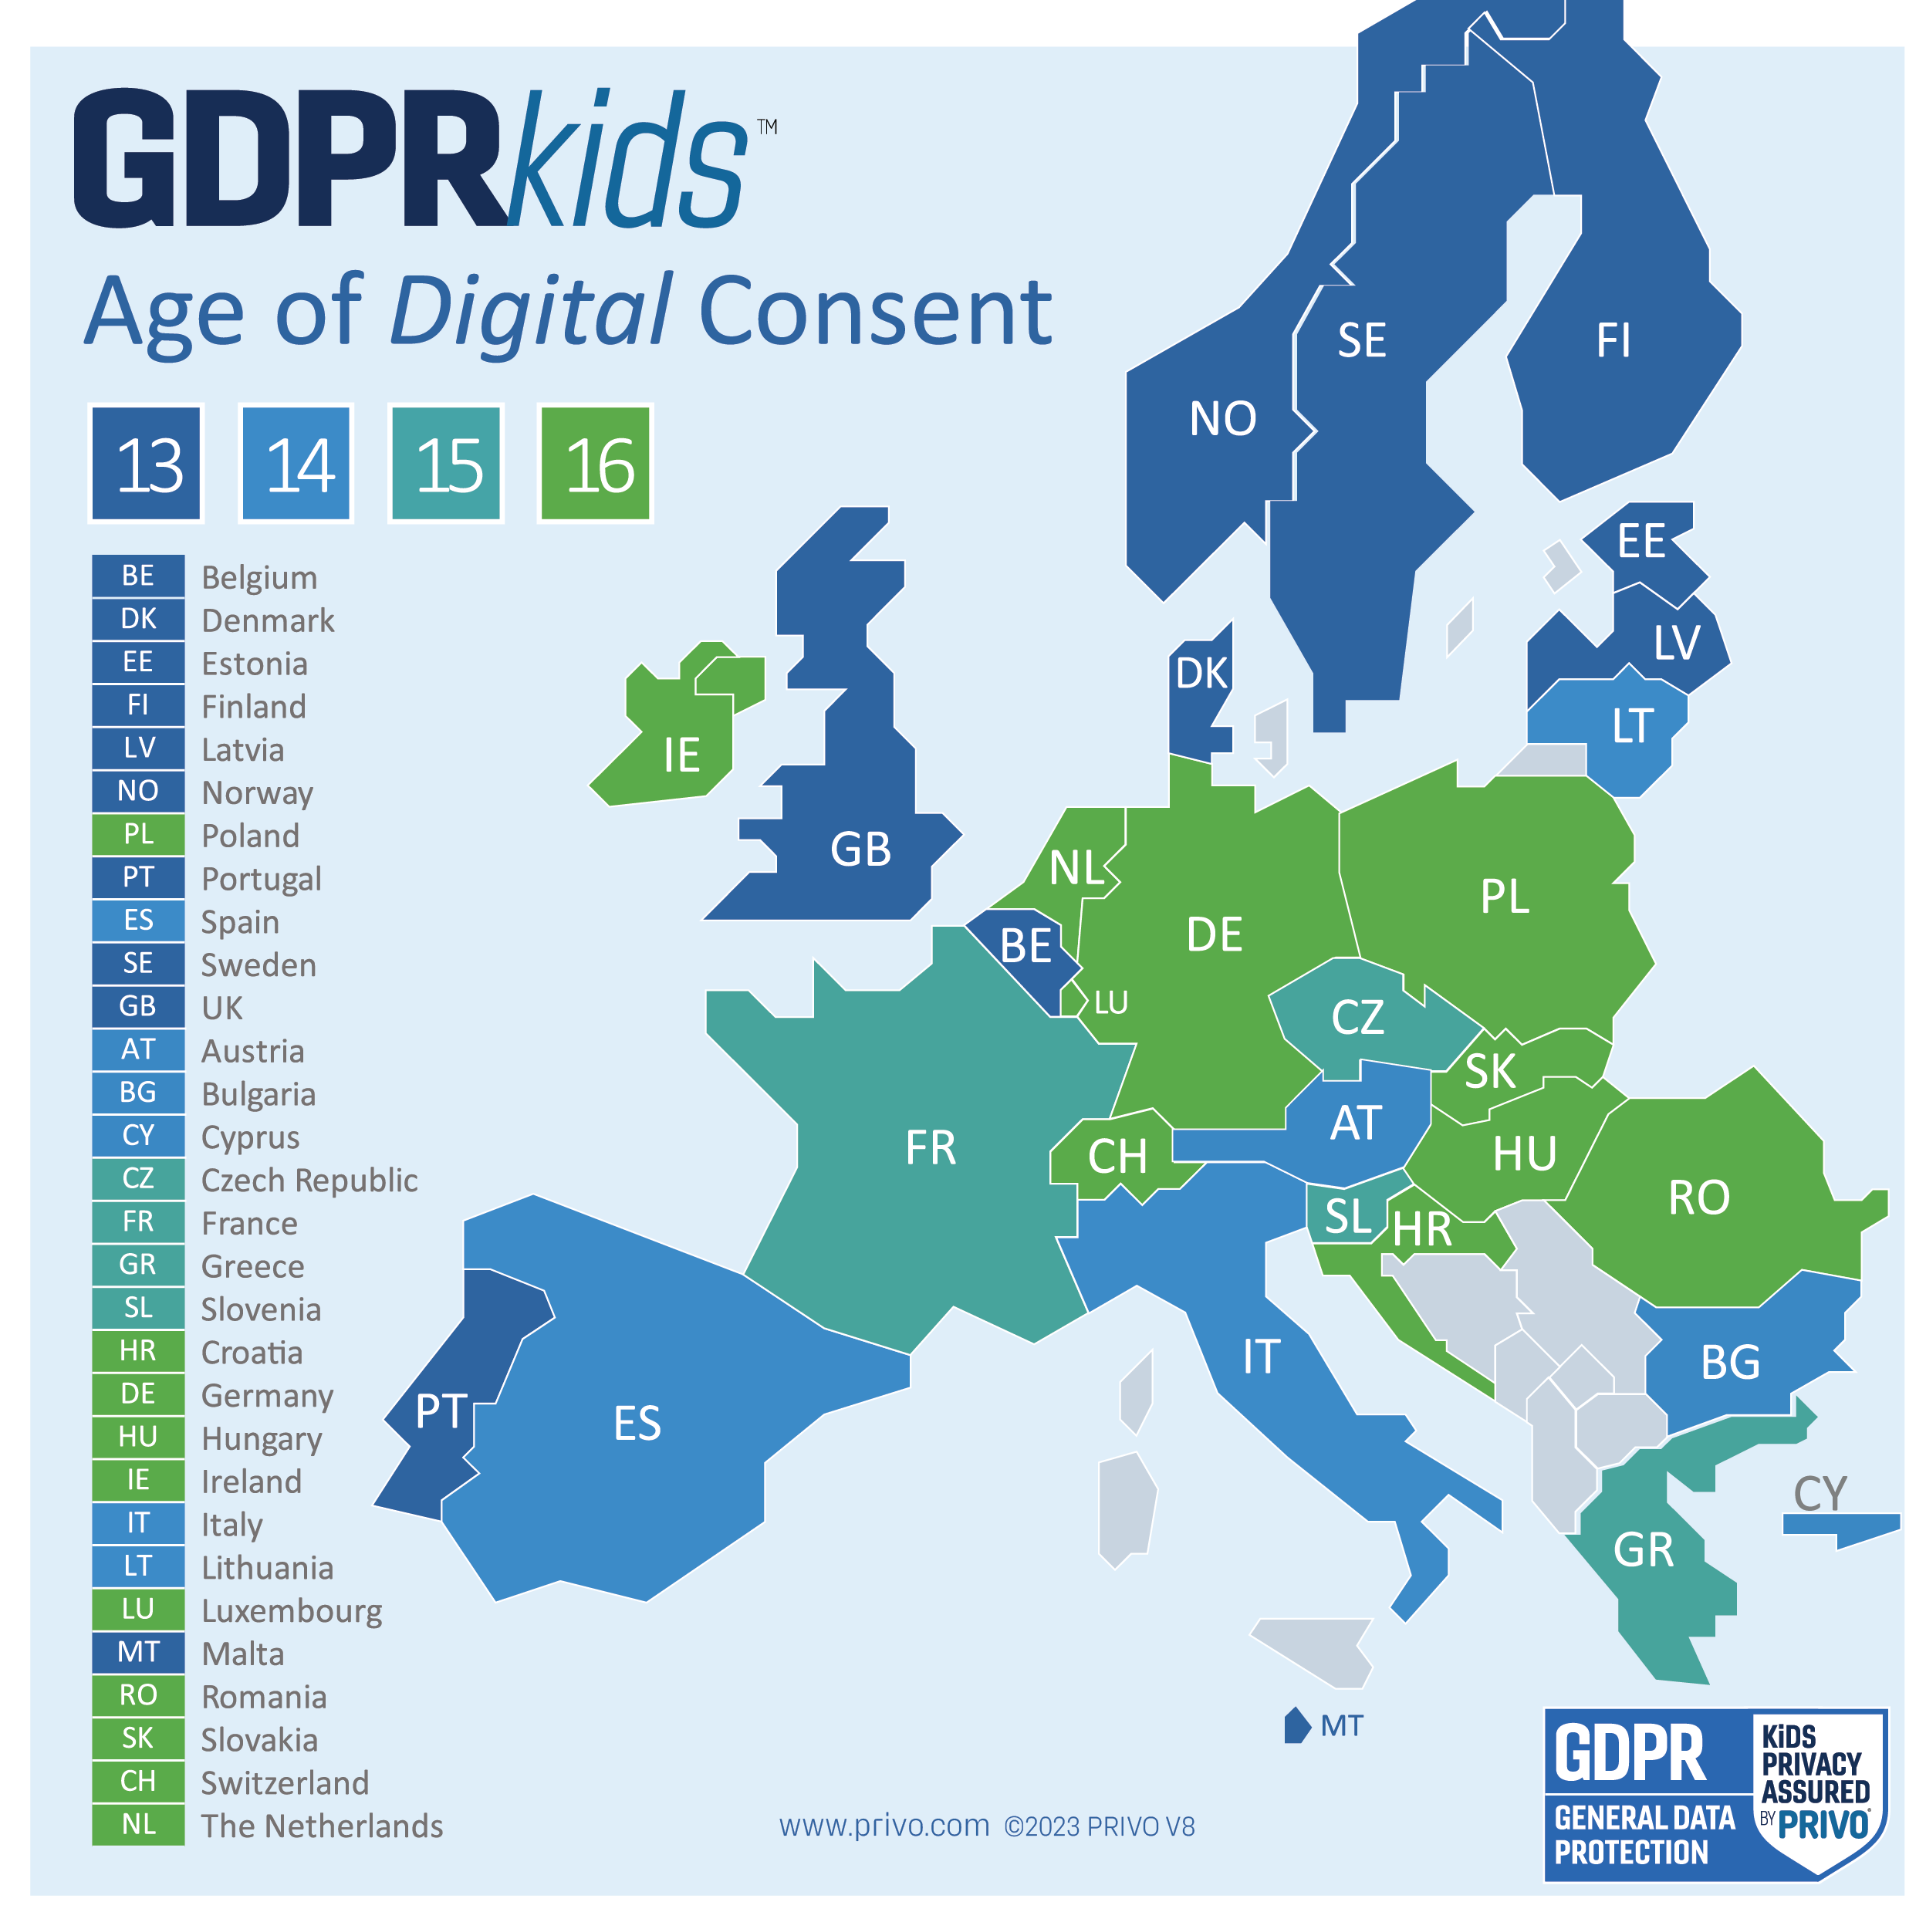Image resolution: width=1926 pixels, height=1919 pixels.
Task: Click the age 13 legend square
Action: point(147,464)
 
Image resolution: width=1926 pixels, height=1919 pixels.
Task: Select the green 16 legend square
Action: point(595,464)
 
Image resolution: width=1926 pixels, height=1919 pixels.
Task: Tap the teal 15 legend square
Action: point(445,464)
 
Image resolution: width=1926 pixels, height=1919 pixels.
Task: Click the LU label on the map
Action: point(1110,1003)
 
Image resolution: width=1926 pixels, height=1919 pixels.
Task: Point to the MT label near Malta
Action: point(1341,1725)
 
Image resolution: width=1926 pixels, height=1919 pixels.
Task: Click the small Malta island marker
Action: point(1296,1725)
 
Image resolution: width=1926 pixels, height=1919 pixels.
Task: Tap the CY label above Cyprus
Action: point(1820,1493)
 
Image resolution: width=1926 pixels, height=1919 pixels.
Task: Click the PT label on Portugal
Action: point(441,1411)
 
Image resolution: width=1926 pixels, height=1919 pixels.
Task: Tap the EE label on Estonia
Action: point(1641,542)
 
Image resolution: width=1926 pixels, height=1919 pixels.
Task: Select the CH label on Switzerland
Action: point(1117,1157)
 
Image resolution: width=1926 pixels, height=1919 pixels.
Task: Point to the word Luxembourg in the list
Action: point(291,1611)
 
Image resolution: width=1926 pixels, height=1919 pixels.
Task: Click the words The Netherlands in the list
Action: point(321,1826)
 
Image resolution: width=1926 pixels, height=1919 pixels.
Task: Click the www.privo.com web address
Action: point(884,1826)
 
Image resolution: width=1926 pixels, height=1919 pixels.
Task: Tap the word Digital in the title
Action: point(530,311)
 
